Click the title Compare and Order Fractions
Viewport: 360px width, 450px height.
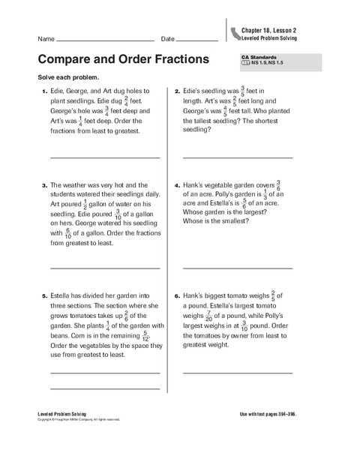(125, 59)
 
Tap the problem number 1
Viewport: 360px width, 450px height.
(44, 91)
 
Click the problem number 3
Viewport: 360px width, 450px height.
(44, 184)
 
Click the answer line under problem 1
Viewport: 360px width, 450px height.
(105, 157)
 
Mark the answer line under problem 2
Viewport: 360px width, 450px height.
(238, 157)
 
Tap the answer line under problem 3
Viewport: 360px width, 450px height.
(105, 268)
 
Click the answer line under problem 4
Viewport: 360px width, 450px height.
(238, 268)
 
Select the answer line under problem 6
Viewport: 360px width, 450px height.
(238, 371)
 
